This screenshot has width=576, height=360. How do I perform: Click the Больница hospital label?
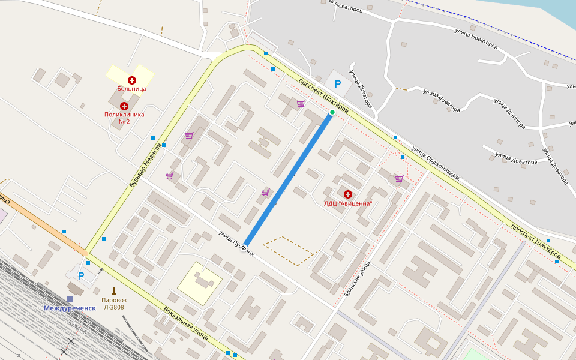131,89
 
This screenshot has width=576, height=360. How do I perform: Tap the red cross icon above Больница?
132,80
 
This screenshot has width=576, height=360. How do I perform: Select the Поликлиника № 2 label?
125,118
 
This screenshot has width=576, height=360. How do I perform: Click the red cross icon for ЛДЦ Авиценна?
348,194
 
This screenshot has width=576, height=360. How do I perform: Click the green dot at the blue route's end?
332,112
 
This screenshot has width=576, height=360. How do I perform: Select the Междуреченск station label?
70,308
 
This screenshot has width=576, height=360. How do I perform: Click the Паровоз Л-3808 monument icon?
113,290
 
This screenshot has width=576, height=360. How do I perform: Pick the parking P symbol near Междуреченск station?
81,276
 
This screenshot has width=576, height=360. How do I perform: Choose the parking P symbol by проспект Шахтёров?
337,85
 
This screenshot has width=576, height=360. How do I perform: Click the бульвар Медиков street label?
146,164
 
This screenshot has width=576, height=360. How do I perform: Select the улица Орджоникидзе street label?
436,163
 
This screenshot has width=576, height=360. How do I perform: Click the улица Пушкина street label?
235,244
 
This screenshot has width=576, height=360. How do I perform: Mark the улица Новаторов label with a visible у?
476,37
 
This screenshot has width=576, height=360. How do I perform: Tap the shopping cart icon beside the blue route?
265,192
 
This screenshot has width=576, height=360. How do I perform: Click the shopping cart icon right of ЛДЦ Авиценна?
399,179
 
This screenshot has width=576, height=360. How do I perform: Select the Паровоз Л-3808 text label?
113,304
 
